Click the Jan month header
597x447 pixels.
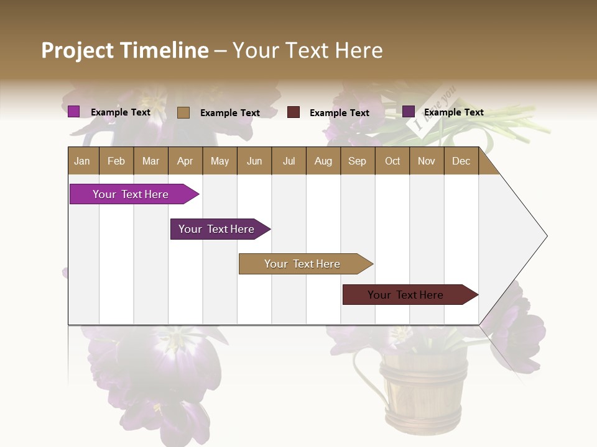[83, 161]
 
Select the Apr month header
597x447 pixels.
[185, 161]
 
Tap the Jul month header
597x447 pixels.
[289, 161]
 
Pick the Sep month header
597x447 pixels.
[358, 161]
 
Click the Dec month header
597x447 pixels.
[461, 161]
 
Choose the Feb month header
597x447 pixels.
[116, 161]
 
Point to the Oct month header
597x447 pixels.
[392, 161]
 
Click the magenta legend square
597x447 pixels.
[73, 112]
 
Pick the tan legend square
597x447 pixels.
[183, 112]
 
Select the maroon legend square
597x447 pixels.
[294, 112]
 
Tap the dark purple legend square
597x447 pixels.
[408, 112]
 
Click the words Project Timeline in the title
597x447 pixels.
[125, 50]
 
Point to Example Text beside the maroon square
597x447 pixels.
[339, 113]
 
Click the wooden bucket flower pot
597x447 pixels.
[423, 391]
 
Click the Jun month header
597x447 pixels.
[254, 161]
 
